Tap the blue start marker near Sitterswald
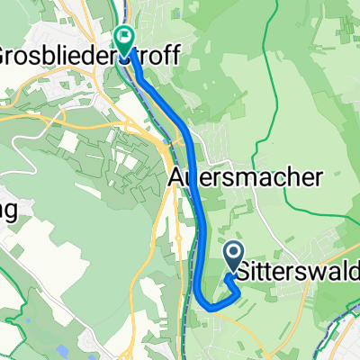tap(233, 256)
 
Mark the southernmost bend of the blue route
tap(212, 307)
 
